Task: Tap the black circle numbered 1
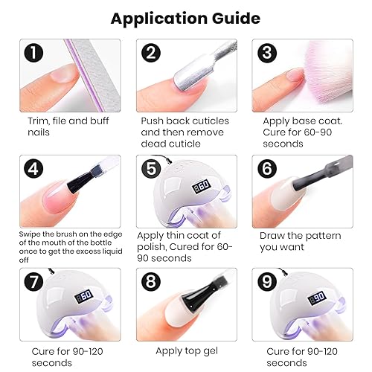coord(33,53)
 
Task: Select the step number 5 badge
coord(151,169)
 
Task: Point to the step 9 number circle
coord(267,281)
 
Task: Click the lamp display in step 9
coord(317,298)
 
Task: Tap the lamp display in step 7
coord(84,296)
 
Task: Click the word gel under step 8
coord(210,351)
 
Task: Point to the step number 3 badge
coord(267,53)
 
